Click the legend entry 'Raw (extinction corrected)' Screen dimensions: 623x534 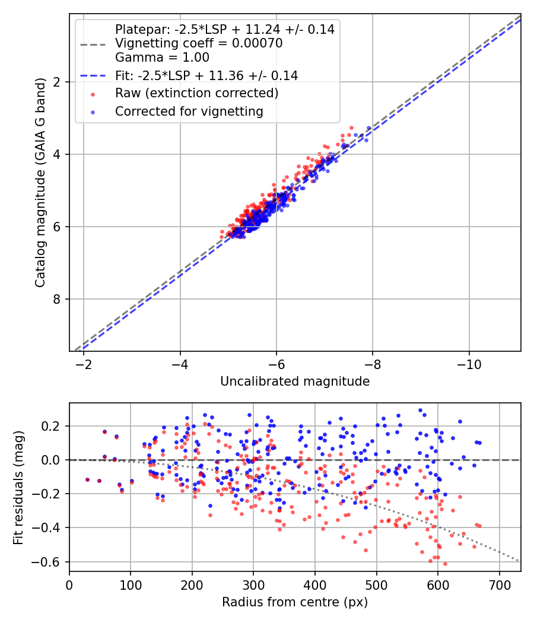(196, 94)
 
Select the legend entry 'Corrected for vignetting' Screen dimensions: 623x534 (189, 111)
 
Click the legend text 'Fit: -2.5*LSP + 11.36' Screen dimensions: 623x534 (206, 76)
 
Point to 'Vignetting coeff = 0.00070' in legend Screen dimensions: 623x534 (199, 43)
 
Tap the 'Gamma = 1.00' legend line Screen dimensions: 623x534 (162, 58)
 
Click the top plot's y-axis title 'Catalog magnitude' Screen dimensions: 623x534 (40, 183)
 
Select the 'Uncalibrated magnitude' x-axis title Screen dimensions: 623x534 (295, 382)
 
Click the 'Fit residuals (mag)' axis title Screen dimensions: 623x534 (18, 487)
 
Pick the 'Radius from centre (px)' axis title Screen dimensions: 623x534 (295, 602)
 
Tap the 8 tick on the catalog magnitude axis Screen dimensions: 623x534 (58, 299)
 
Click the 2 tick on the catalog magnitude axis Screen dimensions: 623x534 (58, 82)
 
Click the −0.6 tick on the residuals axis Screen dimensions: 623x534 (50, 561)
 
